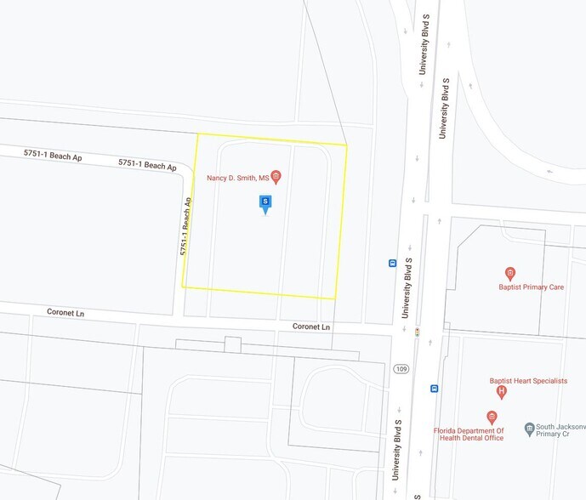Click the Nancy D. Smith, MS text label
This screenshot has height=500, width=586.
[x=238, y=178]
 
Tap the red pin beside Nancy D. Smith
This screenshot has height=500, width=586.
[x=276, y=177]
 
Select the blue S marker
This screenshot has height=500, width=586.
[x=265, y=203]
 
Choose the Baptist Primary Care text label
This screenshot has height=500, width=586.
[x=531, y=287]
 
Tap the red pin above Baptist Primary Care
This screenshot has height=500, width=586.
[x=510, y=274]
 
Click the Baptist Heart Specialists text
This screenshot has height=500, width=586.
[x=527, y=381]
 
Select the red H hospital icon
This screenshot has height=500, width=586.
[x=501, y=392]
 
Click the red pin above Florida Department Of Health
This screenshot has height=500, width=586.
[x=492, y=418]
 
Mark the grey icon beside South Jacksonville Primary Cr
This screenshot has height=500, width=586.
[x=529, y=429]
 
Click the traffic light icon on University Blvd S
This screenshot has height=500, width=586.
[x=417, y=332]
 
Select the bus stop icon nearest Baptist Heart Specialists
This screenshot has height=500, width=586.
[x=435, y=389]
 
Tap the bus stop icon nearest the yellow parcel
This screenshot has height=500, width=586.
[x=392, y=263]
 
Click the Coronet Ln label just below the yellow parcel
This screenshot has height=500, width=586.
[x=310, y=327]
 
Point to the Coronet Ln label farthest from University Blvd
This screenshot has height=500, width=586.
[x=65, y=314]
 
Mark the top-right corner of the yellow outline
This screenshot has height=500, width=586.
[x=347, y=145]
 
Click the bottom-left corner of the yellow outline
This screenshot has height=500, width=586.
[x=183, y=287]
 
